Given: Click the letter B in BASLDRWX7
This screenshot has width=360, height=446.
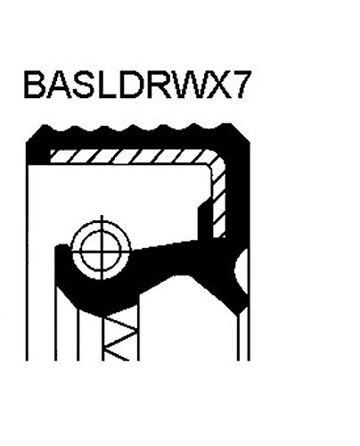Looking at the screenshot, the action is pyautogui.click(x=35, y=85).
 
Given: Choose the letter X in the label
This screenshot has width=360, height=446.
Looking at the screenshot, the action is pyautogui.click(x=217, y=85).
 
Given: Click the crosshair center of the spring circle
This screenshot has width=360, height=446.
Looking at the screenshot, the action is pyautogui.click(x=102, y=250).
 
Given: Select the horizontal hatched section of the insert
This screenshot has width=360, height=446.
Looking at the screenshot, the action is pyautogui.click(x=131, y=156).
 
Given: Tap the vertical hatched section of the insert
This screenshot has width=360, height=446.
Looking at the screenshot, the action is pyautogui.click(x=219, y=202).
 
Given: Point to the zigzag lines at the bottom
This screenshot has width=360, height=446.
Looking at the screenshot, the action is pyautogui.click(x=120, y=339).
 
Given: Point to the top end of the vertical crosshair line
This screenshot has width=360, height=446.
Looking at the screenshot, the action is pyautogui.click(x=102, y=215).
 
